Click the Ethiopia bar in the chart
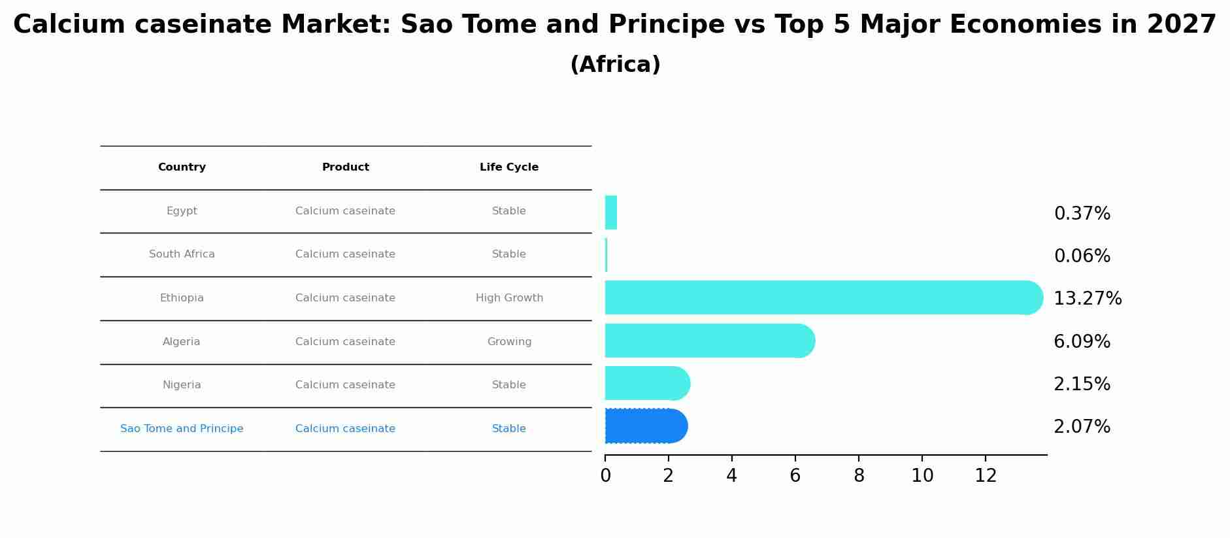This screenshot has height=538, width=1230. pos(824,297)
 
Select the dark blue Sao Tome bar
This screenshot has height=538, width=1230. pos(646,426)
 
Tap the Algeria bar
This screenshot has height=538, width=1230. pos(710,341)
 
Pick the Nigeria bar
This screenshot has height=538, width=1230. pos(648,383)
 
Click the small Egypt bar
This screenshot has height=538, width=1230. pos(611,212)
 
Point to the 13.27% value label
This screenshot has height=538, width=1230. pos(1088,299)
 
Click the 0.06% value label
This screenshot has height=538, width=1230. pos(1082,256)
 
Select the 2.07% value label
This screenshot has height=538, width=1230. pos(1082,427)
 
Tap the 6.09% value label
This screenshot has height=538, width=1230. pos(1082,342)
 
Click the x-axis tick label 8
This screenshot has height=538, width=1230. pos(859,476)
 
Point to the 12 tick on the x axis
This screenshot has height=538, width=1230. pos(986,476)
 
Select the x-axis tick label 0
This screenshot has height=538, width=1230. pos(605,476)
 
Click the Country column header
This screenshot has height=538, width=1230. pos(182,167)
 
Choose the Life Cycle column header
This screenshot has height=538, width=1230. pos(509,167)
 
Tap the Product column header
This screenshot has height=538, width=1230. pos(346,167)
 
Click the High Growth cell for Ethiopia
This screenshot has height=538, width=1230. pos(509,298)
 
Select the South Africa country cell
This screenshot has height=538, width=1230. pos(182,254)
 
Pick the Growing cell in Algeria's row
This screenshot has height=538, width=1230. pos(509,342)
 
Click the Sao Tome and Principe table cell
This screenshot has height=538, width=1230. pos(182,429)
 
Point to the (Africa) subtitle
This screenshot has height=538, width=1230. pos(615,65)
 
